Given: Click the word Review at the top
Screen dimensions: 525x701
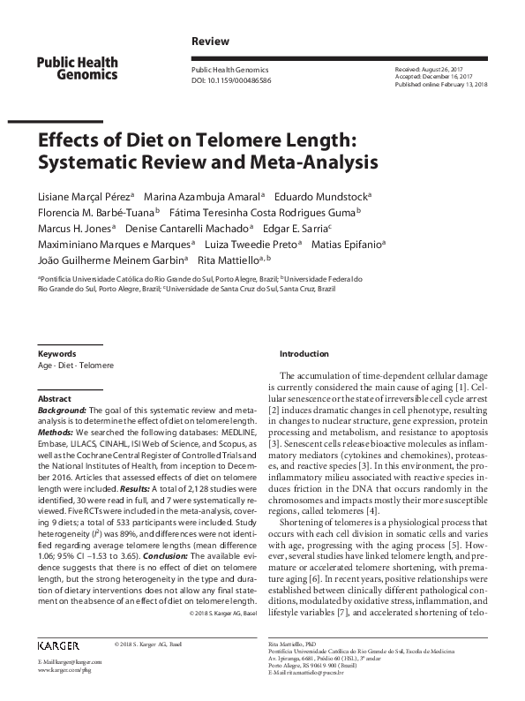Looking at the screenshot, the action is pyautogui.click(x=210, y=41).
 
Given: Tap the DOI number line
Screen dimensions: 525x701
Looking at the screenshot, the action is pyautogui.click(x=231, y=80).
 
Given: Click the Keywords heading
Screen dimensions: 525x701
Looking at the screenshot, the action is pyautogui.click(x=56, y=353).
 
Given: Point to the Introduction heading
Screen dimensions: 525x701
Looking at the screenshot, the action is pyautogui.click(x=304, y=353).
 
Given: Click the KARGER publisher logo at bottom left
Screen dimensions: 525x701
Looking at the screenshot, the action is pyautogui.click(x=59, y=647).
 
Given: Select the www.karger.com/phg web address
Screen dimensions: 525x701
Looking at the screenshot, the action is pyautogui.click(x=65, y=671).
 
